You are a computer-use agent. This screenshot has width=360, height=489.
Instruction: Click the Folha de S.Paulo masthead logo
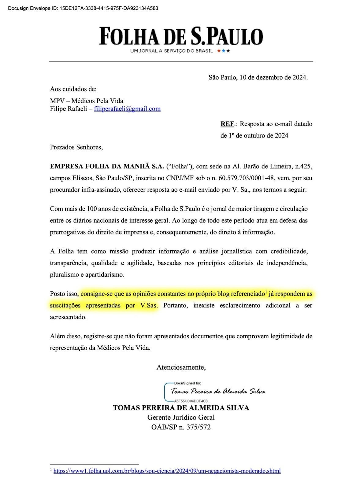point(181,36)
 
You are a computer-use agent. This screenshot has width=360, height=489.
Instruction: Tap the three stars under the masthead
point(224,51)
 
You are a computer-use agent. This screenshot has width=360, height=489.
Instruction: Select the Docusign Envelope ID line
point(83,8)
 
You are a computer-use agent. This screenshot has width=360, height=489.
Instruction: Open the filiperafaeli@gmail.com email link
point(127,109)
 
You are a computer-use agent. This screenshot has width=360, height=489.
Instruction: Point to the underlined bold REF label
point(227,124)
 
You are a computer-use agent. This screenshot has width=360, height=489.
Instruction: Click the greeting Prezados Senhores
point(76,147)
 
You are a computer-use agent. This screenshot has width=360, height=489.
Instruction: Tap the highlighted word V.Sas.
point(149,305)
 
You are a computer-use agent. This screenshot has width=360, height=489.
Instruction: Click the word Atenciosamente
point(181,367)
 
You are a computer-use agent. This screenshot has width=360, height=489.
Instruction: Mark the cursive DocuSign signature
point(218,392)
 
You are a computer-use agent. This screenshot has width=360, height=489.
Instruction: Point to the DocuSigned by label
point(187,383)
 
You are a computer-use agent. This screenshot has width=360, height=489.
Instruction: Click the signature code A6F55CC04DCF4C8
point(192,401)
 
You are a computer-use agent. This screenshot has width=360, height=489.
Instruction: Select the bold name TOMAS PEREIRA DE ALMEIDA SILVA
point(181,408)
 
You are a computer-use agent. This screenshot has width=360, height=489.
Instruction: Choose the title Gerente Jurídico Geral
point(181,417)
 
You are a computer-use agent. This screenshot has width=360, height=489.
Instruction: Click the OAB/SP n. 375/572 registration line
point(181,427)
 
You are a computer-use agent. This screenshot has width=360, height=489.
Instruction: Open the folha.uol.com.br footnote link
point(167,471)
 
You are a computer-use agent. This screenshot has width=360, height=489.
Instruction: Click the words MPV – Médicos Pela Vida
point(87,101)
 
